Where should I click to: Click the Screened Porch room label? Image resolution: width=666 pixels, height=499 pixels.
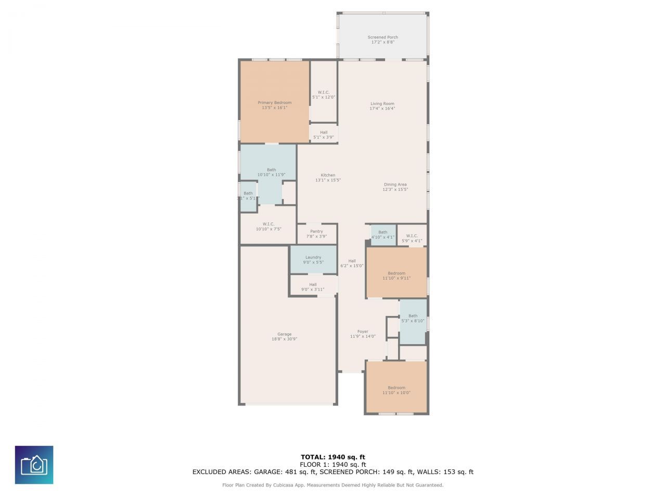click(x=382, y=40)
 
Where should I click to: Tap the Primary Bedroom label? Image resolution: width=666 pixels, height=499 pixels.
click(x=274, y=105)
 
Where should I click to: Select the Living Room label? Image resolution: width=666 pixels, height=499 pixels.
click(x=382, y=106)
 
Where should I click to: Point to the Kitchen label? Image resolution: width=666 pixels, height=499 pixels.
click(x=328, y=178)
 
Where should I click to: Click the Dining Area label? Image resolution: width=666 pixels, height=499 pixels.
click(x=395, y=187)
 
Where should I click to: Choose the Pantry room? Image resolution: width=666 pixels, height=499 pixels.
click(x=316, y=234)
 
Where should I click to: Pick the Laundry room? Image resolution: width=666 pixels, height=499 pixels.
click(x=313, y=259)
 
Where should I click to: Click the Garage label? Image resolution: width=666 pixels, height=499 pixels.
click(x=284, y=337)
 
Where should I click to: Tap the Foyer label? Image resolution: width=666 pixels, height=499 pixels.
click(x=363, y=334)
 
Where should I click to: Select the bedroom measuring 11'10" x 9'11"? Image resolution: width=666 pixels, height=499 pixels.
click(x=396, y=275)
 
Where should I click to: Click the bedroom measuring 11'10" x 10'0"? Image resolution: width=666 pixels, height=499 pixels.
click(x=396, y=390)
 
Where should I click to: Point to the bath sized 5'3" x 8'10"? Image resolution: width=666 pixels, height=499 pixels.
click(x=413, y=318)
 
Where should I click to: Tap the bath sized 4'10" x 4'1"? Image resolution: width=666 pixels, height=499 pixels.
click(x=382, y=235)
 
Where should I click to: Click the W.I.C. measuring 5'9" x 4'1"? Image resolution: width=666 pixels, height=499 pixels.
click(x=412, y=238)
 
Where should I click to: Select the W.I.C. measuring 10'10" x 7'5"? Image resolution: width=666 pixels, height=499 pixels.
click(x=268, y=226)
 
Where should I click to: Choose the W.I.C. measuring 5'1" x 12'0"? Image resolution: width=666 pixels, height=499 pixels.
click(x=323, y=95)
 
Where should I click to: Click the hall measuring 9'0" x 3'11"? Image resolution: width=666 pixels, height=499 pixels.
click(x=313, y=287)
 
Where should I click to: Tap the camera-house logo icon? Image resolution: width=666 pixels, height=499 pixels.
click(x=34, y=465)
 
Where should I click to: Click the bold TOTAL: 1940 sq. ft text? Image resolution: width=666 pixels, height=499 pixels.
click(x=332, y=457)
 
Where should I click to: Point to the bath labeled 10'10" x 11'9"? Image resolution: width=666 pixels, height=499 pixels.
click(x=271, y=172)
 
